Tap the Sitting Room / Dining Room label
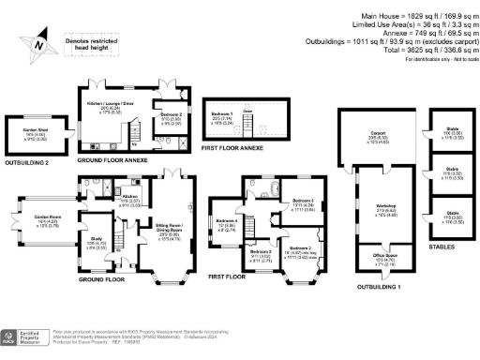pos(161,226)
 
